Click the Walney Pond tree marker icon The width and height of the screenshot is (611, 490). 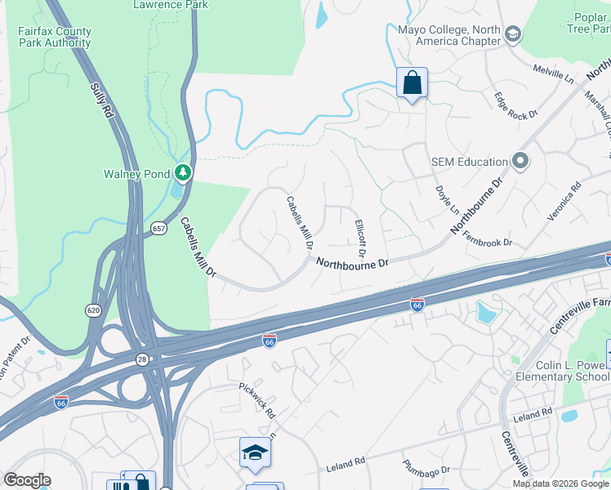[184, 172]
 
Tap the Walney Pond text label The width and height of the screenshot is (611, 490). [136, 173]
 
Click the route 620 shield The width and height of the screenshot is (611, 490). [94, 310]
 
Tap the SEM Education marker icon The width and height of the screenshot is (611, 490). [520, 161]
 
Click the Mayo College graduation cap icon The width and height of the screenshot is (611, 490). [512, 34]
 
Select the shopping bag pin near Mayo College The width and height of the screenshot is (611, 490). [412, 82]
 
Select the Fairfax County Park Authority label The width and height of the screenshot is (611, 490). [55, 38]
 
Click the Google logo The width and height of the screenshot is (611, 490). [26, 480]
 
